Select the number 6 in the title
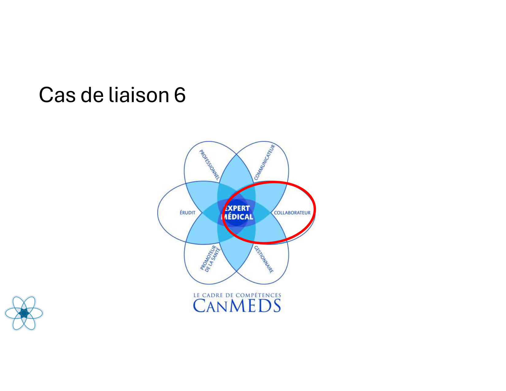(x=180, y=94)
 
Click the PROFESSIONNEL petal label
(x=209, y=165)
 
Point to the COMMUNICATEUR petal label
(x=265, y=162)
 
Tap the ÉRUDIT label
(x=187, y=213)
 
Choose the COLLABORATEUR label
(x=292, y=213)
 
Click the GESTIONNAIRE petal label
(x=264, y=259)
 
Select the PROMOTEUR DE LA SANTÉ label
(x=210, y=259)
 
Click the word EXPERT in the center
(x=237, y=208)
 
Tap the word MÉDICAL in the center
(x=237, y=217)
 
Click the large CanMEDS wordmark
(x=237, y=306)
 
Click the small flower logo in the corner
(x=24, y=313)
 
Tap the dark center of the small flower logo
(x=24, y=313)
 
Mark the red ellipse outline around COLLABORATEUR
(x=315, y=209)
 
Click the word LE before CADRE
(x=197, y=295)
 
